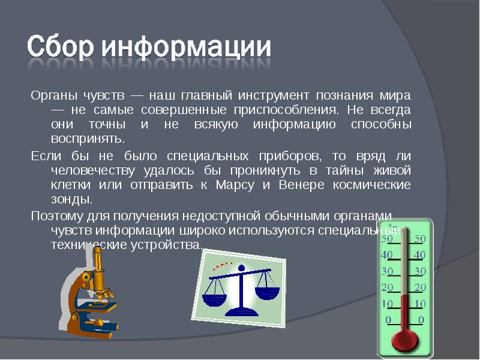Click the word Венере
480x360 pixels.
point(299,185)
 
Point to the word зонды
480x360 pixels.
point(73,200)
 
